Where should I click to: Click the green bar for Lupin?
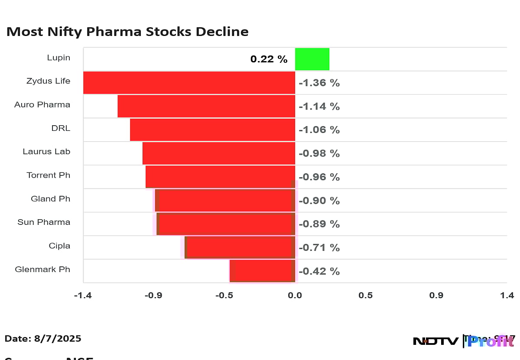point(312,59)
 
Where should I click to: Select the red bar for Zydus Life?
point(189,82)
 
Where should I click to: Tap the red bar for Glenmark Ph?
point(262,271)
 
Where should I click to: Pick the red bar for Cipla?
point(240,247)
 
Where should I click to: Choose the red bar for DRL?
point(212,130)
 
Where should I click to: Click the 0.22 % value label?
point(269,59)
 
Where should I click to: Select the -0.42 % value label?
point(319,271)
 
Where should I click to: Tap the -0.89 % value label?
point(319,224)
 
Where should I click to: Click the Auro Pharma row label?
point(42,104)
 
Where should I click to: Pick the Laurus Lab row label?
point(46,152)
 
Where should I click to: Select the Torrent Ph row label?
point(48,175)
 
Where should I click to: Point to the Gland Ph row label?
point(50,199)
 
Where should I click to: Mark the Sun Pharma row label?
point(44,222)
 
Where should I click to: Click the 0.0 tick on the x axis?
point(295,295)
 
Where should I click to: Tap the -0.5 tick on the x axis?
point(224,295)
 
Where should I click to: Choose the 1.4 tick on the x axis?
point(507,295)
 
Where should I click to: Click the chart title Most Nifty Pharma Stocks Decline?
point(127,32)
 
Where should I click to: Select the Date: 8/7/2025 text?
point(43,338)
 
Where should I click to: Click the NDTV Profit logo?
point(464,341)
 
